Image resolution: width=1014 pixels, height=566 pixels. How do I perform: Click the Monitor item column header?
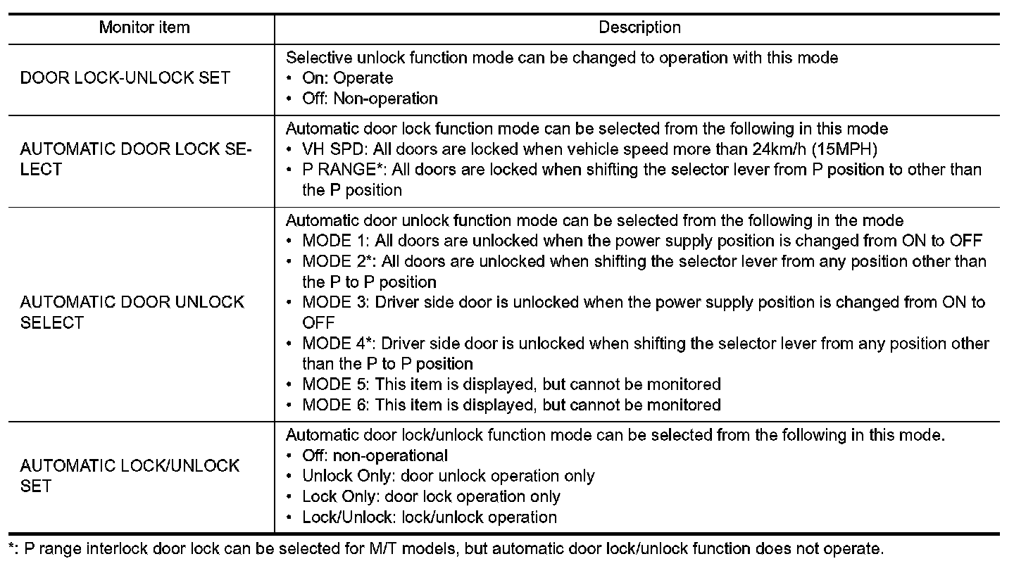(x=144, y=28)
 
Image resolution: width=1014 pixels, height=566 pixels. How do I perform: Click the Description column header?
(x=639, y=28)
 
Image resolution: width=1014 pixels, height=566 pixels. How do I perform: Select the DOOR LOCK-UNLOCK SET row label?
(x=125, y=78)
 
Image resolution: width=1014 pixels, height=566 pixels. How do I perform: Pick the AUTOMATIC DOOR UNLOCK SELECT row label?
(x=132, y=313)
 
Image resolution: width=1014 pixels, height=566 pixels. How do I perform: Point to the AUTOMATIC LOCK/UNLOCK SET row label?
(x=130, y=476)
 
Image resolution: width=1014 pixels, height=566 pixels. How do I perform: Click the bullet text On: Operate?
(x=347, y=78)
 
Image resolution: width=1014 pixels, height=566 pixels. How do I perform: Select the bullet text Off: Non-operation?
(x=370, y=99)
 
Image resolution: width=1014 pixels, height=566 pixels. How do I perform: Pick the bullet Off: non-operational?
(x=375, y=455)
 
